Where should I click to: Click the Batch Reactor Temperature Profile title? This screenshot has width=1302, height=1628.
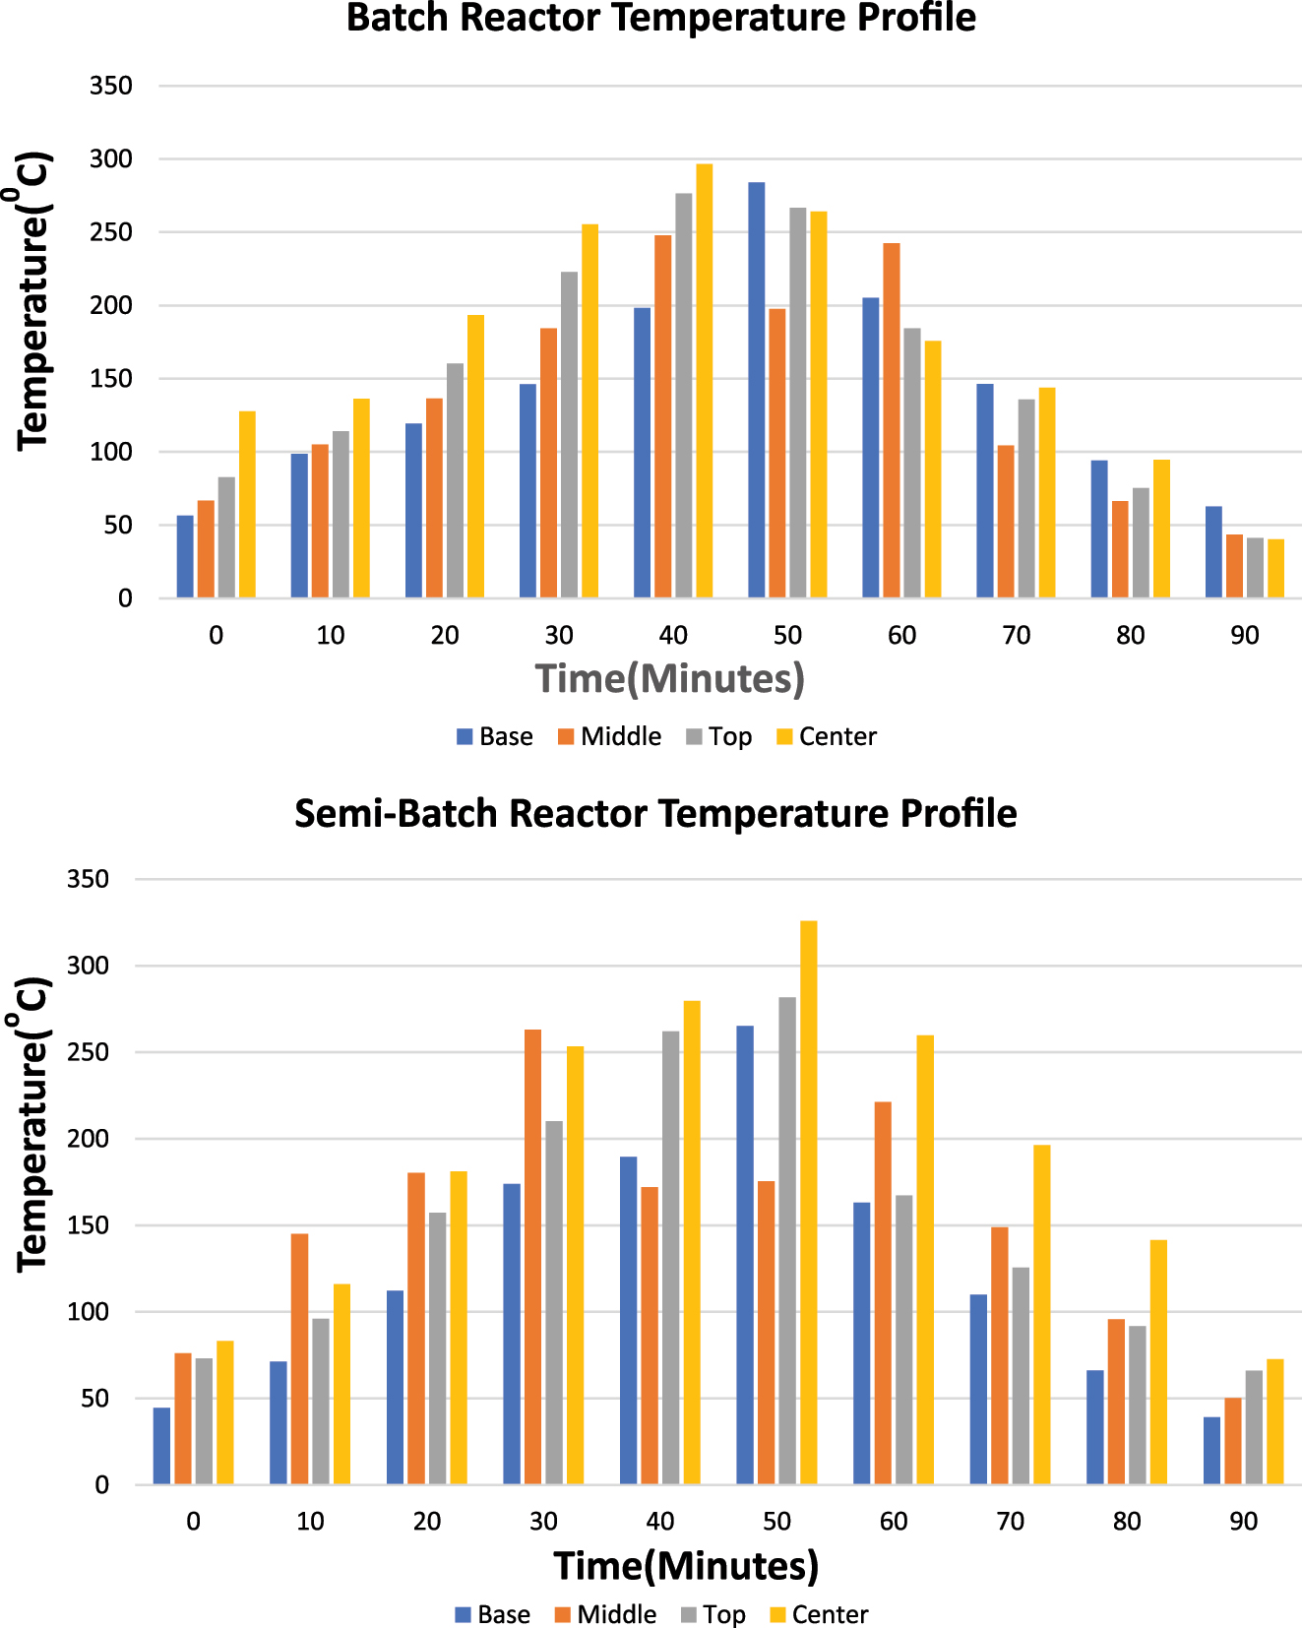[x=661, y=18]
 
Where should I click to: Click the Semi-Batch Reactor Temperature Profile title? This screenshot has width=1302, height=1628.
[x=655, y=814]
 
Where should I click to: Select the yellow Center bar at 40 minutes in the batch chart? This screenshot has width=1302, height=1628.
[x=704, y=381]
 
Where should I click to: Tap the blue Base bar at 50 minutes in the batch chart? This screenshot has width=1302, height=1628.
[x=756, y=390]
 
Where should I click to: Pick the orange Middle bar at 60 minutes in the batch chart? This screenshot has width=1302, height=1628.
[x=891, y=420]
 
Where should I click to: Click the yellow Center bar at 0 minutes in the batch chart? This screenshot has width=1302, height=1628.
[x=247, y=504]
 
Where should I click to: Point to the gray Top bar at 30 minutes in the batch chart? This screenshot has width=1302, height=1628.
[x=569, y=434]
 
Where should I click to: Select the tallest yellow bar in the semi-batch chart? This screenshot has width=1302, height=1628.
[x=808, y=1202]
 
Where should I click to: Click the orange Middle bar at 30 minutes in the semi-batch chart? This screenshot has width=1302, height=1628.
[x=532, y=1257]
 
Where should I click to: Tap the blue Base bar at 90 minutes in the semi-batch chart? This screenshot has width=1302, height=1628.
[x=1211, y=1451]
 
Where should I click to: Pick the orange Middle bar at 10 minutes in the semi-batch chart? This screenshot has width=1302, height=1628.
[x=299, y=1358]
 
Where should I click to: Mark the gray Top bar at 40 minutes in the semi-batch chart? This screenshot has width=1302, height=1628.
[x=670, y=1257]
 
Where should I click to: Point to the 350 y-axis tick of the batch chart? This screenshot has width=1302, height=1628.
[x=110, y=86]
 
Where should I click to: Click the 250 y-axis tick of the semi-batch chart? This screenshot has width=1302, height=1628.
[x=88, y=1052]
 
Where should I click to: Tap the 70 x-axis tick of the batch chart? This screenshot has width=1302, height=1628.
[x=1016, y=635]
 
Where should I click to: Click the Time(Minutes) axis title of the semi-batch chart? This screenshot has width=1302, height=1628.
[x=686, y=1566]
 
